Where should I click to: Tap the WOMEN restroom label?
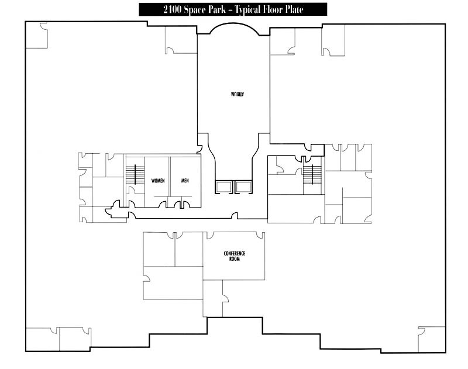158,181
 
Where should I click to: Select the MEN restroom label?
185,181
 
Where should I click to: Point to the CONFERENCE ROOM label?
234,256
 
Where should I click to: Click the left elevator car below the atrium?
224,187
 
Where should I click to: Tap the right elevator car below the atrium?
242,187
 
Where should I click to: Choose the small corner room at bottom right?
432,339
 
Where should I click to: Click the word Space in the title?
188,9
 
